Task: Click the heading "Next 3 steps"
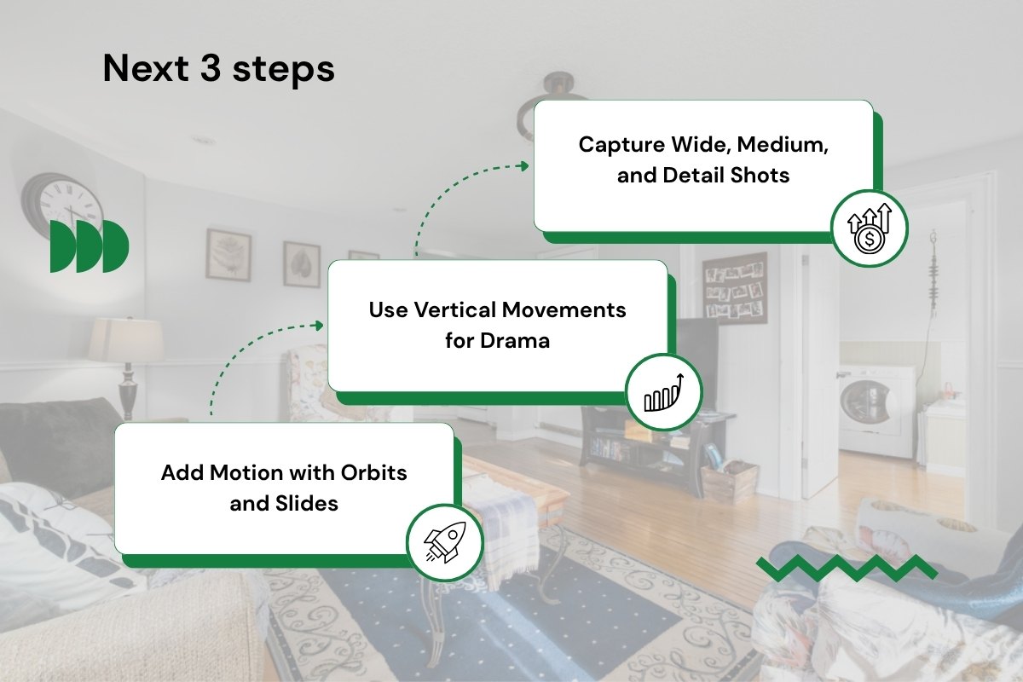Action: click(x=219, y=69)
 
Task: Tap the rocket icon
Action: click(x=445, y=541)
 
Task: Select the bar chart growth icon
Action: click(x=664, y=392)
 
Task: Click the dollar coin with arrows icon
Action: click(x=870, y=228)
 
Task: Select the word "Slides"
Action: click(x=306, y=503)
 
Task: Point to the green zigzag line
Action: click(x=847, y=568)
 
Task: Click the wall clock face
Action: click(x=70, y=205)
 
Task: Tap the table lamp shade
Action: click(x=125, y=340)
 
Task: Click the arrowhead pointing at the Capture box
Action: click(x=525, y=166)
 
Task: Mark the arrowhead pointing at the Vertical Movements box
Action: click(x=319, y=326)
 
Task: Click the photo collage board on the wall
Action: click(x=734, y=289)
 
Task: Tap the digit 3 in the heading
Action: click(x=211, y=69)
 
